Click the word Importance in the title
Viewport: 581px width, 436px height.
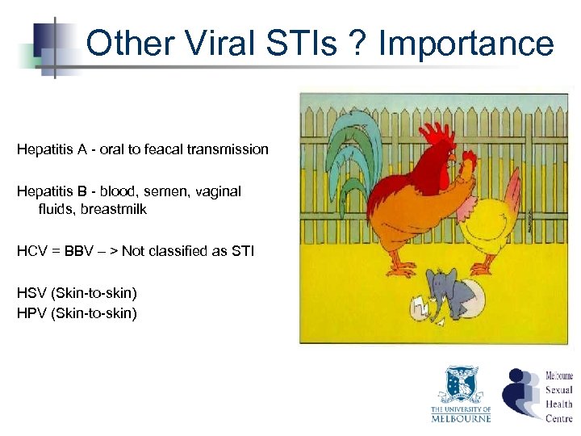tap(466, 44)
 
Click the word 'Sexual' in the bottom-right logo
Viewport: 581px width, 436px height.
tap(558, 390)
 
